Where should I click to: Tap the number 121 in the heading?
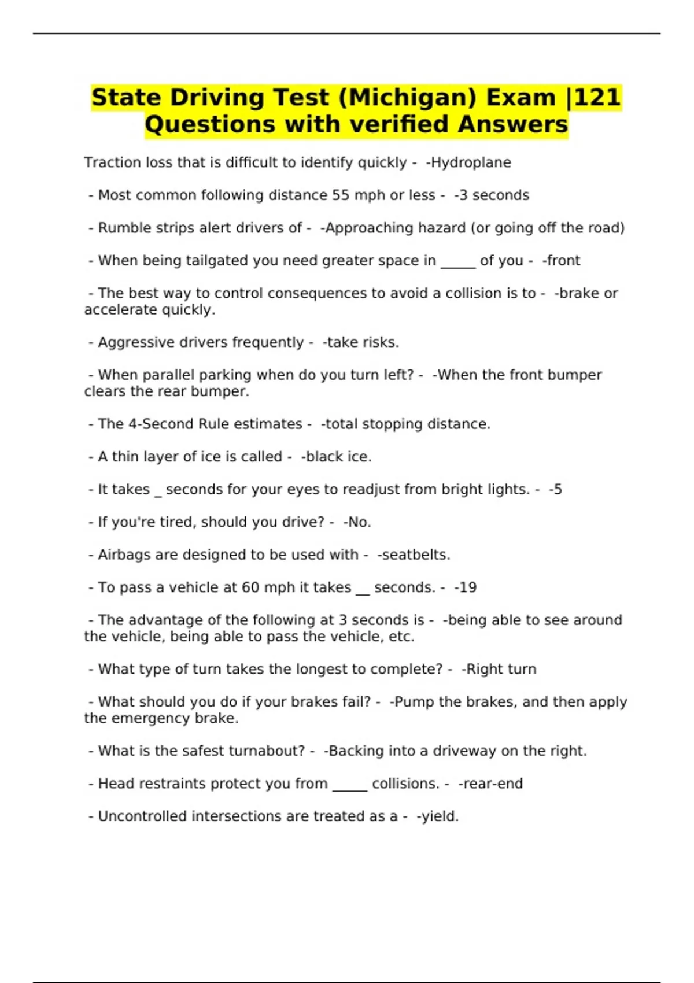point(598,98)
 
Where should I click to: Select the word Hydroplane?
point(471,162)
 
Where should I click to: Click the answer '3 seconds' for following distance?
point(494,195)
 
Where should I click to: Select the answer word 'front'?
point(563,261)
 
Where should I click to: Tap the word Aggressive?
point(134,342)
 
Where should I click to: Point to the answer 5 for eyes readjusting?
point(557,489)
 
